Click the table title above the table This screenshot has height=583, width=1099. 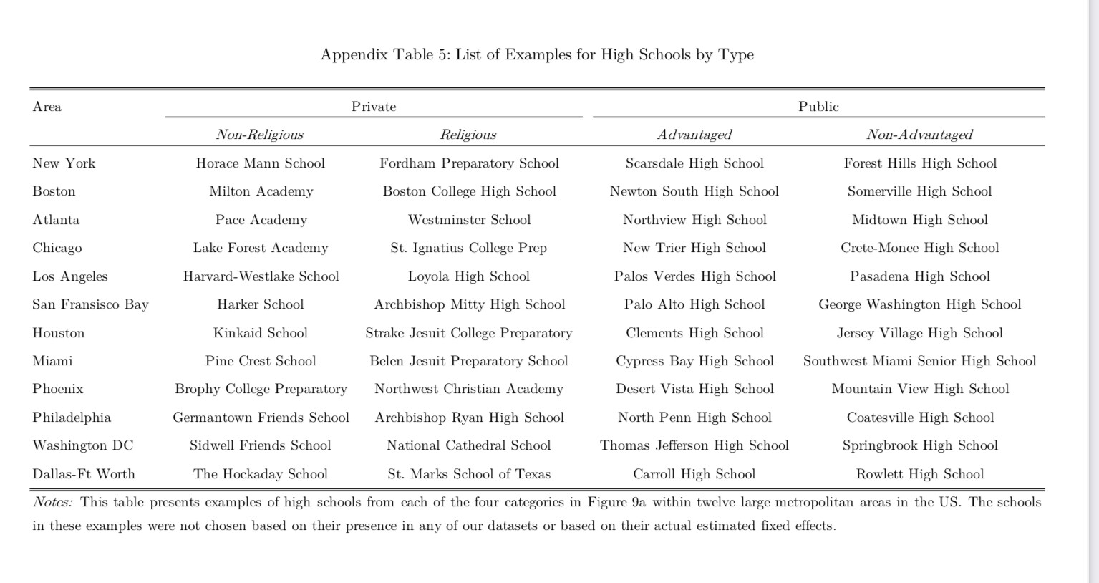coord(537,55)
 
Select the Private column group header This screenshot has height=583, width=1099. coord(374,107)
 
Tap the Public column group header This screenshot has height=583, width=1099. coord(818,107)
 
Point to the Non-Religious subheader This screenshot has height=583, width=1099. coord(260,135)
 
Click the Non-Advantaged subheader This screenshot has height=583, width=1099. coord(919,135)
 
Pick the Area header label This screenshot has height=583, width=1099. coord(47,107)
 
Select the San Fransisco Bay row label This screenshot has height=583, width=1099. coord(90,304)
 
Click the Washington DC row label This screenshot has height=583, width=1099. coord(83,445)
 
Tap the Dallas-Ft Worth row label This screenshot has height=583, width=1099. coord(84,474)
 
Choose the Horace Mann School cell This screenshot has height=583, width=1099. coord(261,163)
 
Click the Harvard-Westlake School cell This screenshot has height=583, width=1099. coord(261,276)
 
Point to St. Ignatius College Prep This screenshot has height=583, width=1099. coord(469,248)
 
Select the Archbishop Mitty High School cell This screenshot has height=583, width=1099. coord(470,304)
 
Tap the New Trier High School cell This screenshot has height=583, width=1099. coord(694,248)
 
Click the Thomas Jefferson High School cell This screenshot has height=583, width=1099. coord(694,445)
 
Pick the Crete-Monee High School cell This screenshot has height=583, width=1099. coord(920,248)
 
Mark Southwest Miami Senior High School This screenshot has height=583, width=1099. coord(920,361)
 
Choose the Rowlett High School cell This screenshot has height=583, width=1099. coord(920,474)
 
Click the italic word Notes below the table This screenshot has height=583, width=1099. coord(52,502)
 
